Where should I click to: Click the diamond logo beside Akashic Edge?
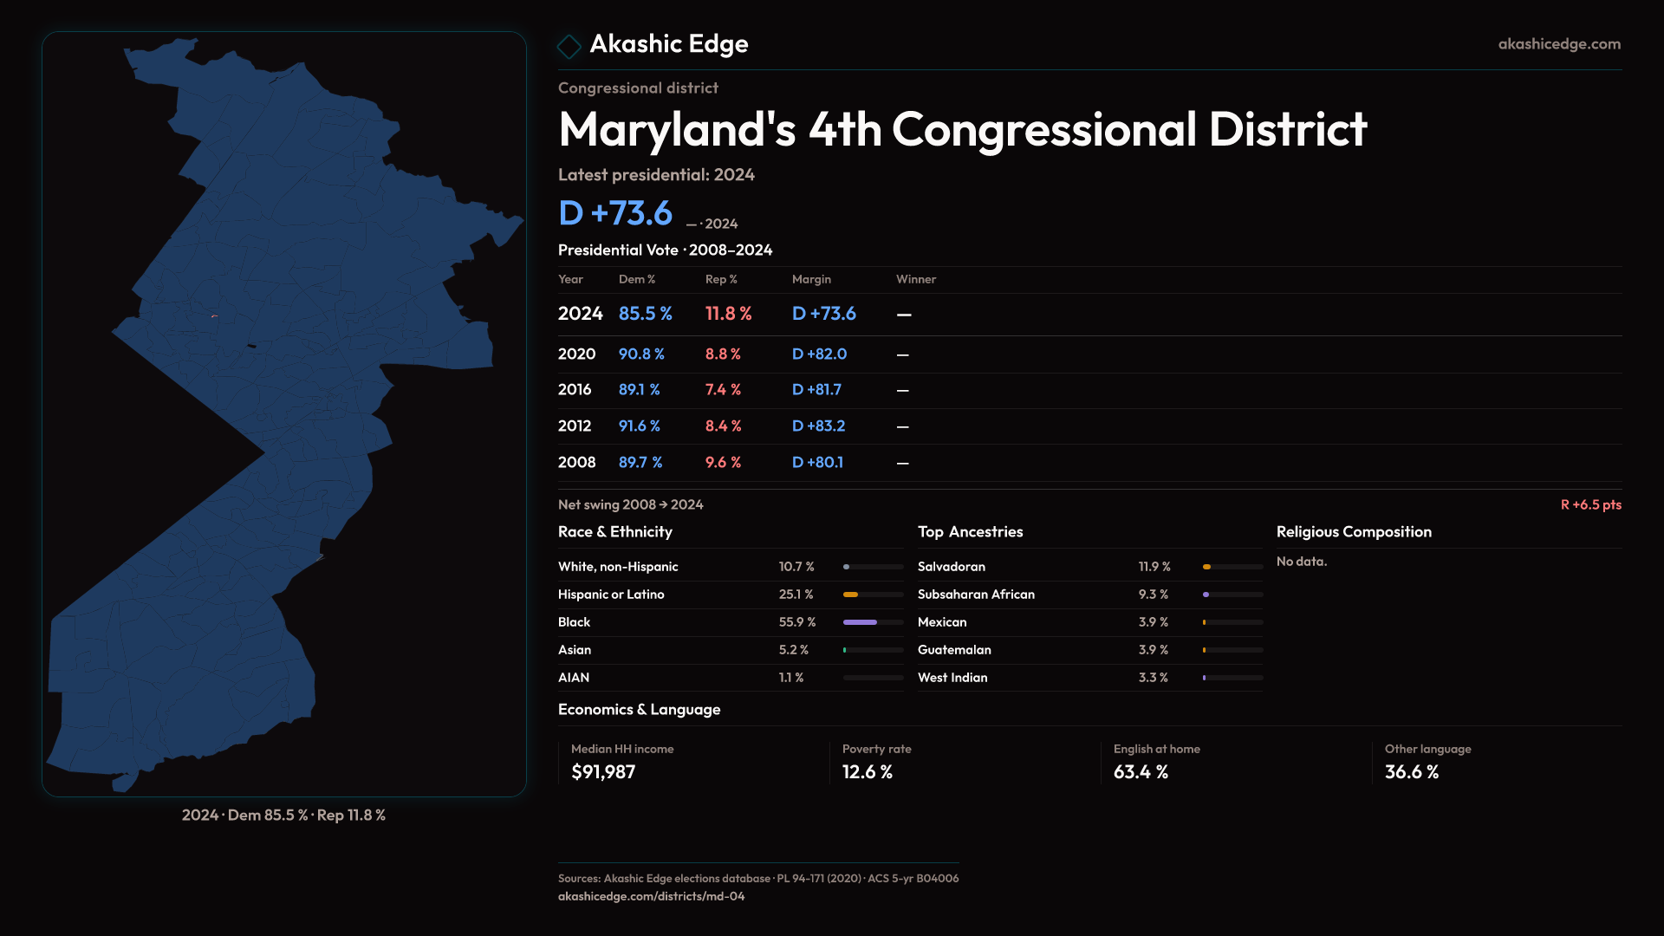569,46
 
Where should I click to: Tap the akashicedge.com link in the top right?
1558,44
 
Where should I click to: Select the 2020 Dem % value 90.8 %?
641,354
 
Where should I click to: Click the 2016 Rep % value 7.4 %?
723,390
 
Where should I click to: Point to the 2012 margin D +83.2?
818,426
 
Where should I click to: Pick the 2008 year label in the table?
576,463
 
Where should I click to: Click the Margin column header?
811,279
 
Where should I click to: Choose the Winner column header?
915,279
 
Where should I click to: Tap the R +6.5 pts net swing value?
1590,505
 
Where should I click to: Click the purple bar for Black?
860,622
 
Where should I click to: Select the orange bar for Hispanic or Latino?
850,595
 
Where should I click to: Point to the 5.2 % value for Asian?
793,650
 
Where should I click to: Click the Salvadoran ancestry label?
951,567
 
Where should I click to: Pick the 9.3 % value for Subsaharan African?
1153,595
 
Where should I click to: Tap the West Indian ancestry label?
952,678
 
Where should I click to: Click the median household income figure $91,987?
603,772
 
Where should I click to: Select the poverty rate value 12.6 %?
867,772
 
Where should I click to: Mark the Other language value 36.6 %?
1411,772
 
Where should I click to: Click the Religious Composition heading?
1353,532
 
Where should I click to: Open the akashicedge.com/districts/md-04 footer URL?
651,896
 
